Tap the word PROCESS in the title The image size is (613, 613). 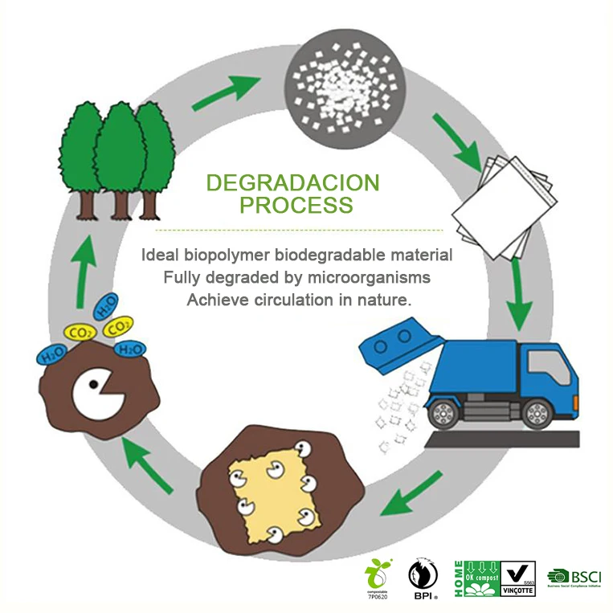(296, 206)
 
